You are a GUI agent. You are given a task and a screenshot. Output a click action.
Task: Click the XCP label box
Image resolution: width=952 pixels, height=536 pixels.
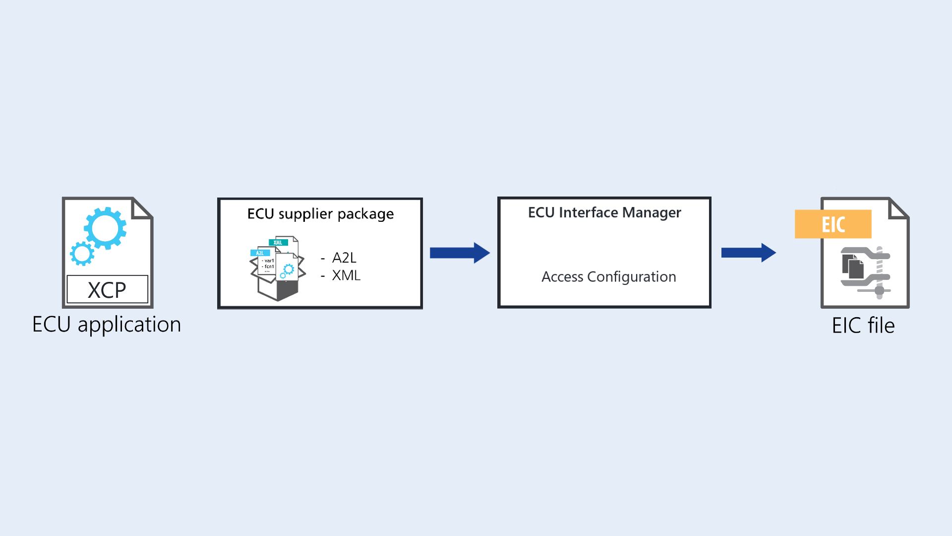107,289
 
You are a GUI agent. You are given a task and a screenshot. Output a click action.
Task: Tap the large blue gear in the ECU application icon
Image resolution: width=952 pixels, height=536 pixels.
105,228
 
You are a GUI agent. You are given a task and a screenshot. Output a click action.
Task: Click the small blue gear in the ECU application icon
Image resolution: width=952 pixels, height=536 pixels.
82,254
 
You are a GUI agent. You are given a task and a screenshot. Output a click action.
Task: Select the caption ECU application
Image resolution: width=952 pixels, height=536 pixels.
107,325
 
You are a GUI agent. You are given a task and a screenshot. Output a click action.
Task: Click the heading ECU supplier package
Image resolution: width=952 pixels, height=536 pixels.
320,214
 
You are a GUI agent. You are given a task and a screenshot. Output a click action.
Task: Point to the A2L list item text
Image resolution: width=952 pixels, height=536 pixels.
344,258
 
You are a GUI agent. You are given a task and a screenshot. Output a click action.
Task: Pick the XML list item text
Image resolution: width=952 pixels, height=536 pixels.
346,275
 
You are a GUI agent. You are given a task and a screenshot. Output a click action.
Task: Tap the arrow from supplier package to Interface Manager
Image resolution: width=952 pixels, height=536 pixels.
459,253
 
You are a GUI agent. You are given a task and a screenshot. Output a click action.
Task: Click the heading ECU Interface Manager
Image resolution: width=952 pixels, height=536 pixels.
604,212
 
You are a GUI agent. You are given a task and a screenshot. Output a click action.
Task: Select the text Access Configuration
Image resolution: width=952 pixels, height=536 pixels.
608,276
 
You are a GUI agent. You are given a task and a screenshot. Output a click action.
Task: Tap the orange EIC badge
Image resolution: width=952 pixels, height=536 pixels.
833,224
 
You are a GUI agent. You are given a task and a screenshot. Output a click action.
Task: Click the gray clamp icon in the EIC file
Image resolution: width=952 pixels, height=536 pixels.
866,272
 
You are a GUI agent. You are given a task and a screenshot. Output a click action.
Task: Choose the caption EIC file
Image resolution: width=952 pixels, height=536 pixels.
863,326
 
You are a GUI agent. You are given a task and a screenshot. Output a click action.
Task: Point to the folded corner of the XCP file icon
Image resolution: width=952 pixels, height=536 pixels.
142,208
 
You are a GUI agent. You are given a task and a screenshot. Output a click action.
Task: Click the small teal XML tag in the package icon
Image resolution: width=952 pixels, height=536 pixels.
278,242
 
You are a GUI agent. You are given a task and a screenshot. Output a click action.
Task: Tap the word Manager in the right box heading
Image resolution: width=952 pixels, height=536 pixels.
651,212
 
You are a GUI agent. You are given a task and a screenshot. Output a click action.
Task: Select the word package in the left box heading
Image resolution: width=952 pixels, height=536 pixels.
366,214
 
